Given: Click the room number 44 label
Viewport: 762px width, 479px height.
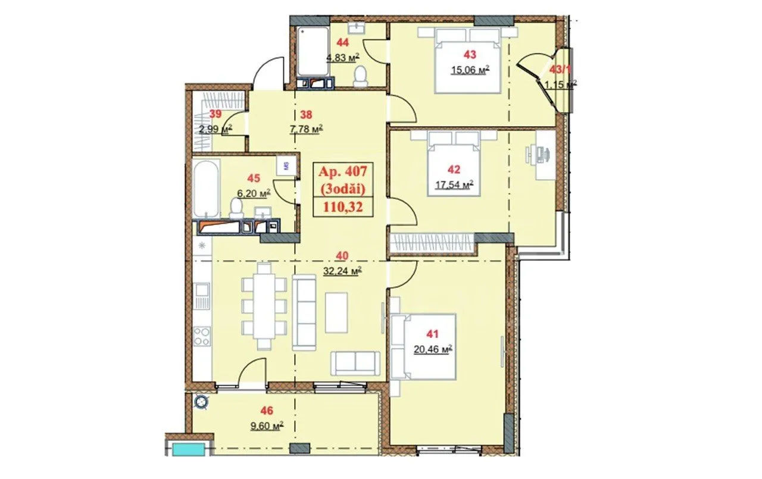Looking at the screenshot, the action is (342, 42).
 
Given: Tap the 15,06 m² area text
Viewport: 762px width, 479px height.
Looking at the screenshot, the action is (470, 70).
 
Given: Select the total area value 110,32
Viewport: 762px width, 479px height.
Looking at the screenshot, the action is (343, 206).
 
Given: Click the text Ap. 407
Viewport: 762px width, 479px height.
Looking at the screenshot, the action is (343, 171).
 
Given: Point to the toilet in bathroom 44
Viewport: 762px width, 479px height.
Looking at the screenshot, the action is (361, 77).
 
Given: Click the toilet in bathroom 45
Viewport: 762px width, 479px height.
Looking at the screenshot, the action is (236, 208).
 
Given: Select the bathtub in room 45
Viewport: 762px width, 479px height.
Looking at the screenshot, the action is (206, 189).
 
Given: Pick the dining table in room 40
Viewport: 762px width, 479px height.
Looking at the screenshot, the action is (264, 306).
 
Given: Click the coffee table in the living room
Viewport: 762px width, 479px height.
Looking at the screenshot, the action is (336, 312).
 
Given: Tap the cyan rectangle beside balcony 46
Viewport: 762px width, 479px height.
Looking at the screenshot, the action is (189, 449).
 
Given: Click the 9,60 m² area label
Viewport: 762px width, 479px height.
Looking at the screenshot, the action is (267, 425).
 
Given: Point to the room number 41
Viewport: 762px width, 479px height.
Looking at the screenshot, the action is (432, 334).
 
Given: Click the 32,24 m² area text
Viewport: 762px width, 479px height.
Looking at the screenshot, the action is (342, 271).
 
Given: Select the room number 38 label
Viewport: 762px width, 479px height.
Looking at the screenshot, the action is (306, 115).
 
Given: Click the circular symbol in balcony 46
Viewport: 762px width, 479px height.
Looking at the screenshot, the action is (201, 402).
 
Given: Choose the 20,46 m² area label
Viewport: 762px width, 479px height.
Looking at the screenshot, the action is (433, 349).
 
